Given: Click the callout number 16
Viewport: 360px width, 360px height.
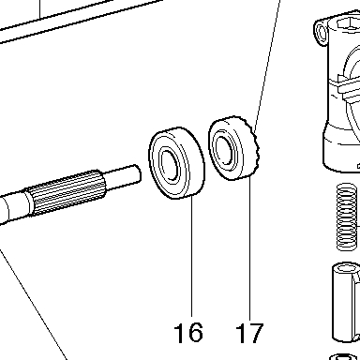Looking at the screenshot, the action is (188, 333).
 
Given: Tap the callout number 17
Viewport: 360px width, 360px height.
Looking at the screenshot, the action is (249, 333).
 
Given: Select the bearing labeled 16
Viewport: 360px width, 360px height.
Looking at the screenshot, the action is (176, 162).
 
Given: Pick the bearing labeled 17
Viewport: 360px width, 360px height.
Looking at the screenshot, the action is (233, 148).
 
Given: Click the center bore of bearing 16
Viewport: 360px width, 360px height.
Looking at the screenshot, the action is (171, 166).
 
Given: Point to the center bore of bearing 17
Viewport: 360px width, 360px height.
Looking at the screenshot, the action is (224, 150).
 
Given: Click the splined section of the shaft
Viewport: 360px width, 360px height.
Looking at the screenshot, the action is (67, 193).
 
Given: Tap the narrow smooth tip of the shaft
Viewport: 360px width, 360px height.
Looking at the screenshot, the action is (124, 176).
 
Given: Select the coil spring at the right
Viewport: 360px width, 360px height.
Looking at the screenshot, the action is (347, 217).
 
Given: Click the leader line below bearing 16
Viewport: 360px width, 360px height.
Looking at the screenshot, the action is (191, 257).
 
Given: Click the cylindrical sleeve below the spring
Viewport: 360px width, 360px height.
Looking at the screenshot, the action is (345, 303).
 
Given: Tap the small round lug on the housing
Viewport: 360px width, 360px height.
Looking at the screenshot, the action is (322, 32).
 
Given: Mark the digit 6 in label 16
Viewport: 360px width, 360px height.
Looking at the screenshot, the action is (196, 333).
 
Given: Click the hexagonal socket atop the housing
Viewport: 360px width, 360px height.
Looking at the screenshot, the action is (348, 24).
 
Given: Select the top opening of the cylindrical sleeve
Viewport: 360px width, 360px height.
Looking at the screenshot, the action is (344, 268).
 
